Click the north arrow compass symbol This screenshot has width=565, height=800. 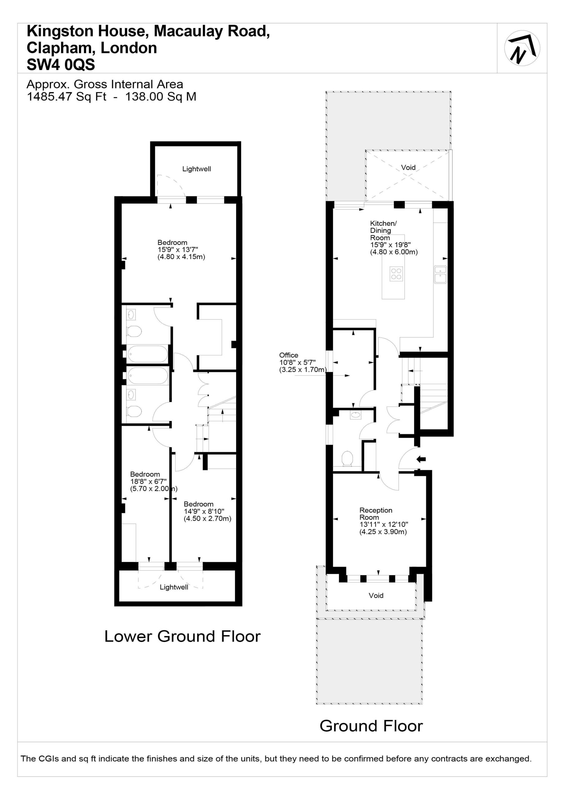[x=522, y=48]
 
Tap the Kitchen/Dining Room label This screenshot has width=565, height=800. [x=383, y=230]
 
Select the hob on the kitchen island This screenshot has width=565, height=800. [x=396, y=274]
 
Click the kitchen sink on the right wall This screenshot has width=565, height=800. [x=440, y=275]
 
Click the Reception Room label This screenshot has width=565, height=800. [x=375, y=513]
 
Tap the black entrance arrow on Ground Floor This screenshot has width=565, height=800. [x=421, y=459]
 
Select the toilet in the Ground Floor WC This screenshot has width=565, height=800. [x=347, y=458]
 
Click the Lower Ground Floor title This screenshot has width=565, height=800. [x=182, y=636]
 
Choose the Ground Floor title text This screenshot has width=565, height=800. [x=371, y=726]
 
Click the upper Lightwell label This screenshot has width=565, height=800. [x=196, y=169]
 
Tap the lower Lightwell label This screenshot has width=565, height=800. [x=174, y=587]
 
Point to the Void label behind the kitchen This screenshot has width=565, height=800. [x=408, y=167]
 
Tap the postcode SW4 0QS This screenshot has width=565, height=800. [x=61, y=65]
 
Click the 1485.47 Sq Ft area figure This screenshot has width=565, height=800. [x=67, y=97]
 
